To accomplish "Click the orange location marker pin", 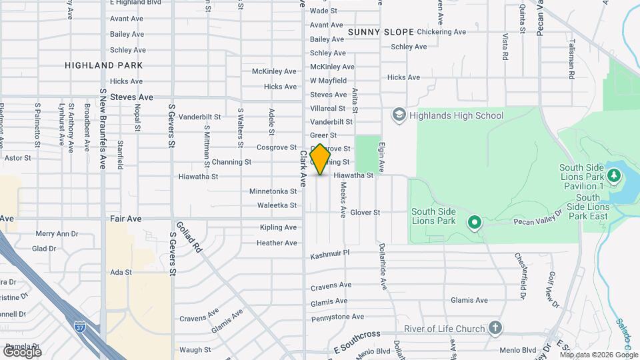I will point(320,159).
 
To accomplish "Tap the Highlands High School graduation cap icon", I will point(399,115).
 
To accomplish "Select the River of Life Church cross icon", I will point(494,327).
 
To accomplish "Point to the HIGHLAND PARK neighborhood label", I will point(104,65).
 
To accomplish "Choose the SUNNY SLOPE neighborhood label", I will point(381,32).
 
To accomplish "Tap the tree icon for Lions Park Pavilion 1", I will point(614,177).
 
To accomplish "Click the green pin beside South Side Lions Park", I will point(474,221).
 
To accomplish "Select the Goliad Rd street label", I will point(188,237).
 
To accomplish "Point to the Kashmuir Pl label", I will point(330,255).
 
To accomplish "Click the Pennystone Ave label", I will point(337,317).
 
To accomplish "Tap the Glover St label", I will point(365,213).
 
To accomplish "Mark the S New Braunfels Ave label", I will point(103,129).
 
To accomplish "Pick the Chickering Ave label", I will point(441,31).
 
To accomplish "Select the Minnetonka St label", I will point(273,191).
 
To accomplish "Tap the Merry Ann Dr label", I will point(57,234).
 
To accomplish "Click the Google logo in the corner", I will point(22,351).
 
